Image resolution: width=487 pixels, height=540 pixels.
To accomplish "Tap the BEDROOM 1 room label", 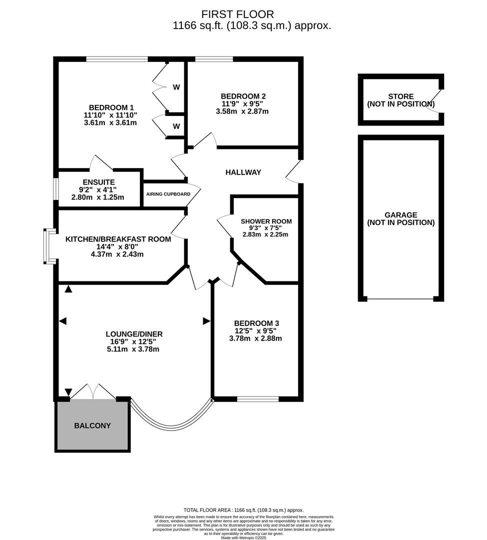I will pos(111,107).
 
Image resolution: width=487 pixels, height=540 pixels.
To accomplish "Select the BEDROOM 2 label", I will pos(243,96).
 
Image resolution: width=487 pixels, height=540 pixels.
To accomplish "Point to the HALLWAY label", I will pos(243,172).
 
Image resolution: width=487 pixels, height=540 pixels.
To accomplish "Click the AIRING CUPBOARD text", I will pos(168,194).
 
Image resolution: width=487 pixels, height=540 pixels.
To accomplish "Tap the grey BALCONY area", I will pos(92,426).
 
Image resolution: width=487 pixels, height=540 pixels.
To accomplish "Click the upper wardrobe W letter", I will pos(176,87).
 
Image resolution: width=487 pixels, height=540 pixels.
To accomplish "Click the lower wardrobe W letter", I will pos(176,126).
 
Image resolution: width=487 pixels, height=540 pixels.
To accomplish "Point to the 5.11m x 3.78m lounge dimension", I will pos(133,349).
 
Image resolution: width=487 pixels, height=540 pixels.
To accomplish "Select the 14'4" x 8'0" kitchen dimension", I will pos(118,246).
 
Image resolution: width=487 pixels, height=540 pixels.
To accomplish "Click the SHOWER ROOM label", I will pos(266,221).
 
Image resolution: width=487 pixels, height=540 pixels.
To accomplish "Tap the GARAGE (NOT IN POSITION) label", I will pos(401,219).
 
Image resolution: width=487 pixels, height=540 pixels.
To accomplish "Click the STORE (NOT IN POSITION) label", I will pos(401,100).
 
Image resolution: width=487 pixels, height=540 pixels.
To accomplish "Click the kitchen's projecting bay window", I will pos(49,246).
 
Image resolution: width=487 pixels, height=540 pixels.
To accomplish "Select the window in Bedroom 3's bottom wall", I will pos(258,399).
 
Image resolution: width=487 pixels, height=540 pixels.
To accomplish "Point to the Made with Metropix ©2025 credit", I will pos(243,537).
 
